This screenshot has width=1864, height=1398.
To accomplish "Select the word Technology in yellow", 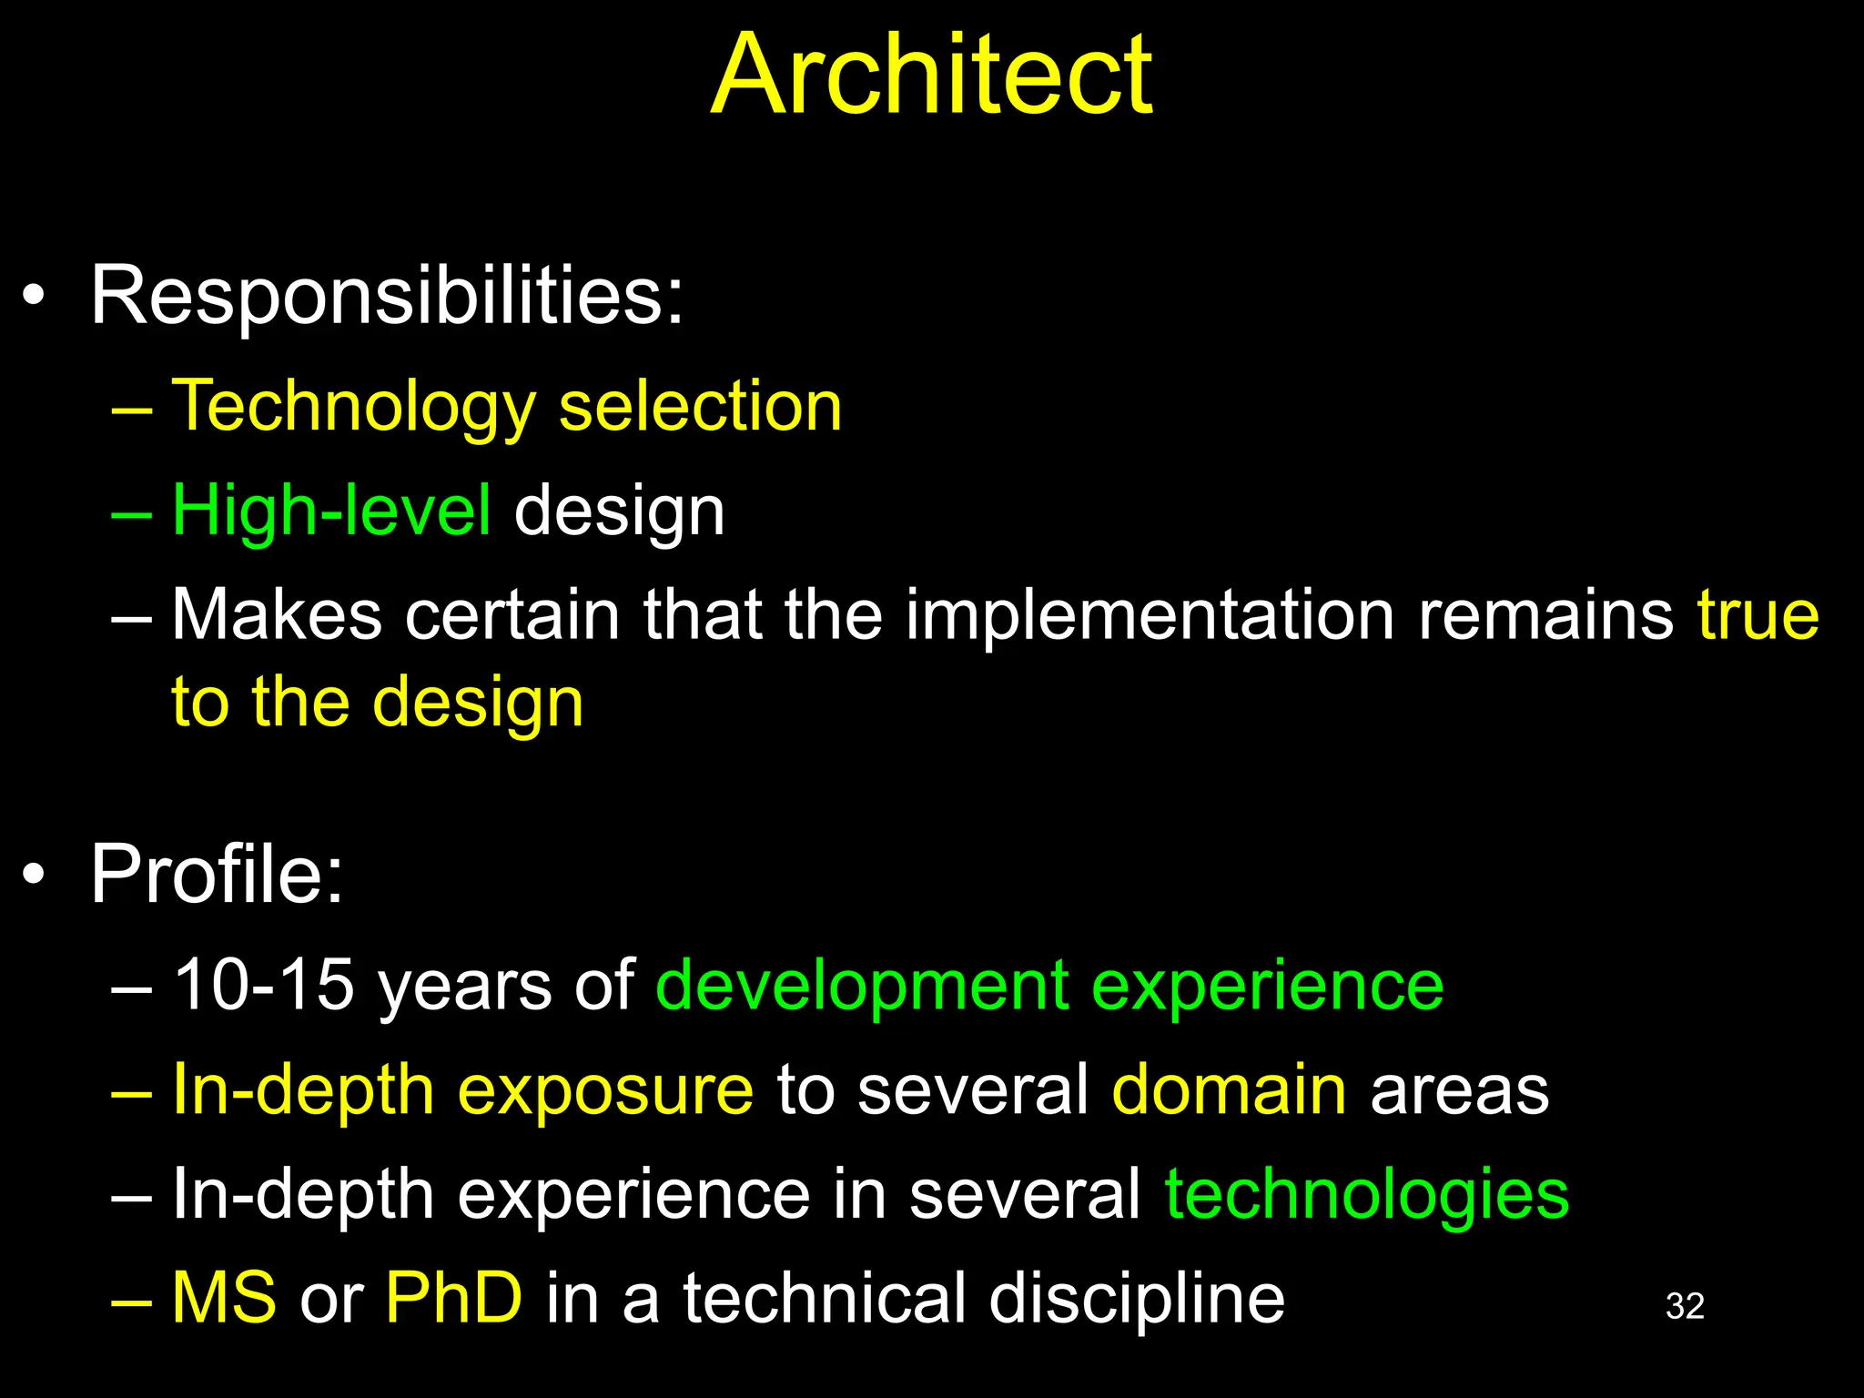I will coord(354,406).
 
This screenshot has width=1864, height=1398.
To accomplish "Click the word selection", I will coord(701,406).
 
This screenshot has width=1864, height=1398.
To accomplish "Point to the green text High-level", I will coord(331,511).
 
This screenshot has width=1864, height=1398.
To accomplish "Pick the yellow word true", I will coord(1758,615).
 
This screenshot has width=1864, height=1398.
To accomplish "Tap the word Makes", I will coord(277,615).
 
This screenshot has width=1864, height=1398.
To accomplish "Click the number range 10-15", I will coord(263,985).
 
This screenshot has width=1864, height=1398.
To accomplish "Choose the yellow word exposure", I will coord(605,1090).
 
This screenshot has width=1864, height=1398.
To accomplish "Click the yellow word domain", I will coord(1229,1089).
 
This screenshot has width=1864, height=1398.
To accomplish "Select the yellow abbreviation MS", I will coord(224,1298).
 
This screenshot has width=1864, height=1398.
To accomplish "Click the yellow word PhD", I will coord(454,1298).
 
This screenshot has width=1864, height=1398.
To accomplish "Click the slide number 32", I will coord(1685,1307).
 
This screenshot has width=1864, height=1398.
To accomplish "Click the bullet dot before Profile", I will coord(34,876).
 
